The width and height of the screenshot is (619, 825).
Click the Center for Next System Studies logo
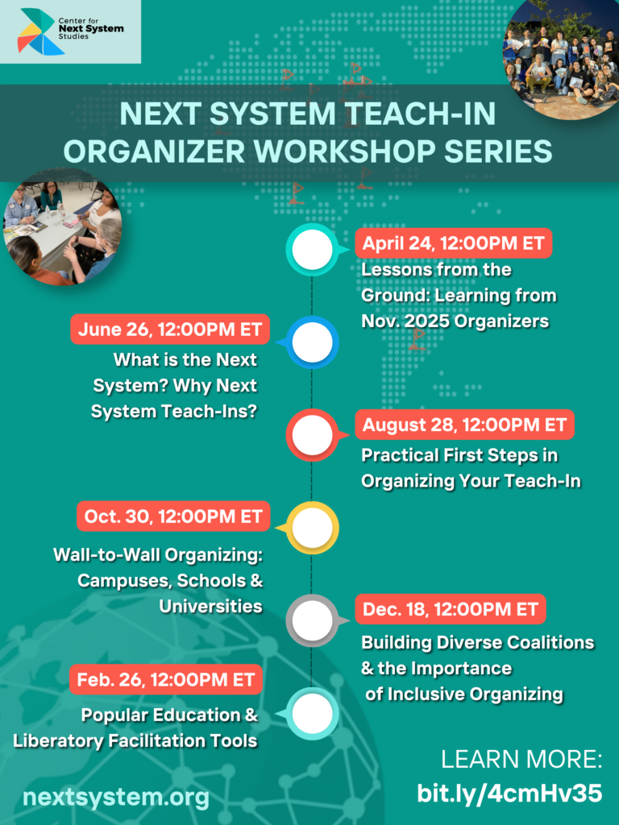pos(71,31)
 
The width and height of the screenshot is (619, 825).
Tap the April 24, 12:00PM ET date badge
pos(453,243)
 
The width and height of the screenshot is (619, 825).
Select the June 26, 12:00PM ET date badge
pos(170,330)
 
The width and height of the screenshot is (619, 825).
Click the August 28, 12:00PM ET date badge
pos(464,425)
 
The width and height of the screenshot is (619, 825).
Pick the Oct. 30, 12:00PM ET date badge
pos(173,516)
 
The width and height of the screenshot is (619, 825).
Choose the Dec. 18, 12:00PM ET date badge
pos(450,609)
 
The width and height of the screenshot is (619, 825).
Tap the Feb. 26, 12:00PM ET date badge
pos(166,680)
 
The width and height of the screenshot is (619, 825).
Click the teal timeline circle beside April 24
pos(313,250)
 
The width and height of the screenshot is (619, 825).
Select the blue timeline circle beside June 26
pos(313,342)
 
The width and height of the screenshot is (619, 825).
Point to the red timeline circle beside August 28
pos(313,435)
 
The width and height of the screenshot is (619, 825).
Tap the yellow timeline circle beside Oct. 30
pos(313,528)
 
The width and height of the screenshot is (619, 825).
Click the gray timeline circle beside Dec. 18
pos(313,621)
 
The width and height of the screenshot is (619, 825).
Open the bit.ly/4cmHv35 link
pos(509,793)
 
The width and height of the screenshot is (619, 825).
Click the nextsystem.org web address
pos(116,797)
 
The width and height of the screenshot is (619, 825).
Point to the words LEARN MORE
pos(521,759)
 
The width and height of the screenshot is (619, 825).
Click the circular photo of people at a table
pos(63,226)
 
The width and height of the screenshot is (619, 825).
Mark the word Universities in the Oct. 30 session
pos(210,606)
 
